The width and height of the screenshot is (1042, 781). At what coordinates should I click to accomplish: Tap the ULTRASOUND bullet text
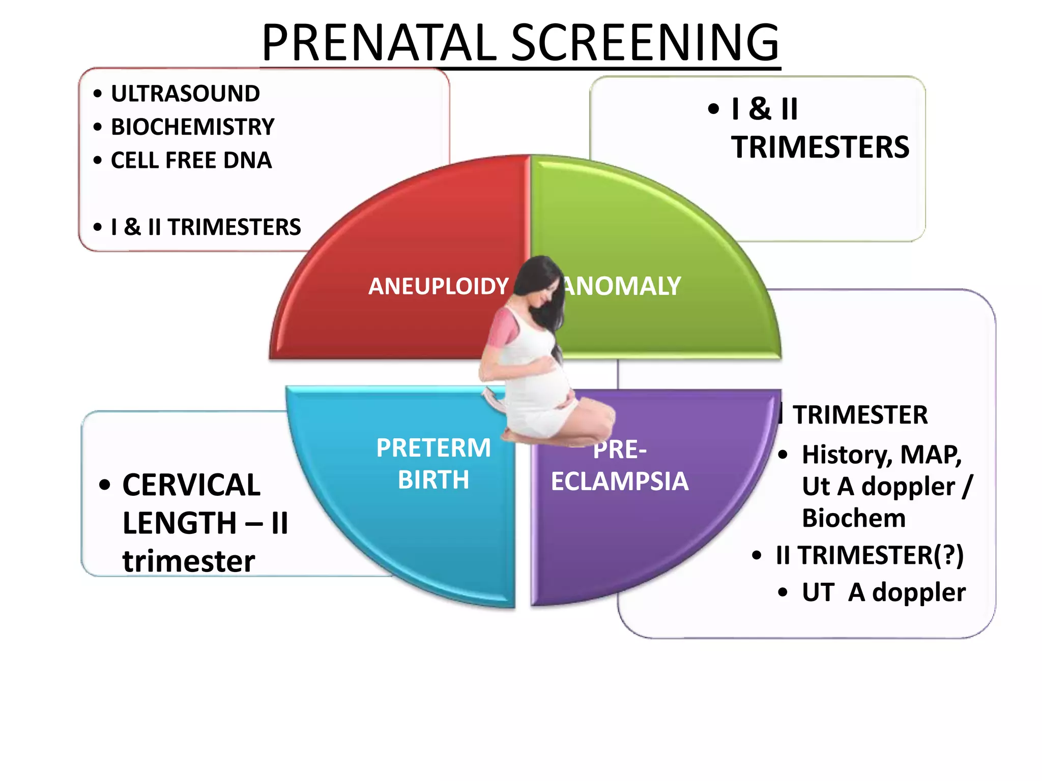pyautogui.click(x=185, y=94)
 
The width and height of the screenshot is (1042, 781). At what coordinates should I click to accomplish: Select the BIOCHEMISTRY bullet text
pyautogui.click(x=192, y=127)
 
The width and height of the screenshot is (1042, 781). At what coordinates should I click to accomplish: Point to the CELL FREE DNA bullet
pyautogui.click(x=191, y=160)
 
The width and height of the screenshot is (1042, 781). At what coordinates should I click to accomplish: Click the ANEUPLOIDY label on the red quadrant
pyautogui.click(x=438, y=286)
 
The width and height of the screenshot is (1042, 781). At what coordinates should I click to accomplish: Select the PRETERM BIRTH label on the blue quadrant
pyautogui.click(x=433, y=464)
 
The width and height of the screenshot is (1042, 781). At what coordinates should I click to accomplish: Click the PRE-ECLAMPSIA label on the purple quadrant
pyautogui.click(x=620, y=465)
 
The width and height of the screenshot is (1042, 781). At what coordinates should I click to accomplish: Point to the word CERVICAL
pyautogui.click(x=191, y=485)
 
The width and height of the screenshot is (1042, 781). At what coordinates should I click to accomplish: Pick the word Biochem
pyautogui.click(x=854, y=518)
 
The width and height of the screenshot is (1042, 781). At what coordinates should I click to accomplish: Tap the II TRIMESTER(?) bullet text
pyautogui.click(x=870, y=555)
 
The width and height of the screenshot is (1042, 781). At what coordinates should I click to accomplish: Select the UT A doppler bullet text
pyautogui.click(x=883, y=592)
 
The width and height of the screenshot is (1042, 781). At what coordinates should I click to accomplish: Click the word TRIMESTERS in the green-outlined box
pyautogui.click(x=820, y=147)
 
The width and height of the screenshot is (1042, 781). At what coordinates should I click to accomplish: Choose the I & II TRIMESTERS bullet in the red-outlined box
pyautogui.click(x=206, y=227)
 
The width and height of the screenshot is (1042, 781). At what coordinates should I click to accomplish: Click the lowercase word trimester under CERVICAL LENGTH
pyautogui.click(x=188, y=561)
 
